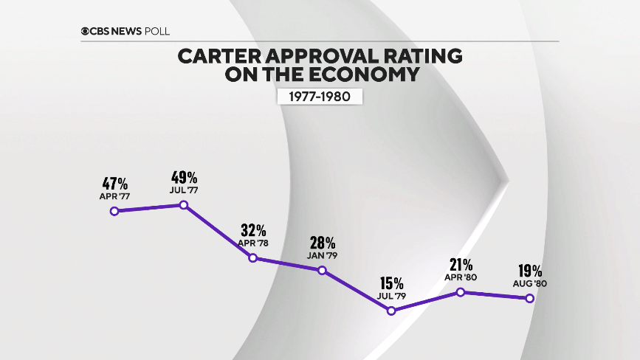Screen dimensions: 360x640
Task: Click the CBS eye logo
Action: [86, 31]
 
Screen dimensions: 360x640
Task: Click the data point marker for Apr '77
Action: [114, 211]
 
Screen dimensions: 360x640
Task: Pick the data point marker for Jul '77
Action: [183, 204]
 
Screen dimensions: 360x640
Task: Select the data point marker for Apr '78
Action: [252, 258]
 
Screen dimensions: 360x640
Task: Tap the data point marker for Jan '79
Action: [322, 270]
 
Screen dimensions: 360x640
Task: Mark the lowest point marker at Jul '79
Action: [391, 311]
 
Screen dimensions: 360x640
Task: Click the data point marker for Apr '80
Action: [461, 292]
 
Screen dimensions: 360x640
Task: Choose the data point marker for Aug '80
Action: [529, 298]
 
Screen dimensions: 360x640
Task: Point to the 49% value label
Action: [183, 178]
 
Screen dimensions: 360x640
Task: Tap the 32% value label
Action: [252, 231]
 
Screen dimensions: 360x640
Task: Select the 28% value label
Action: [322, 243]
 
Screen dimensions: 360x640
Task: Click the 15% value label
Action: [391, 283]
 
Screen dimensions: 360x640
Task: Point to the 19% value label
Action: [529, 271]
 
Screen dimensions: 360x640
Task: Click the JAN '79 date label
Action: [322, 255]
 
